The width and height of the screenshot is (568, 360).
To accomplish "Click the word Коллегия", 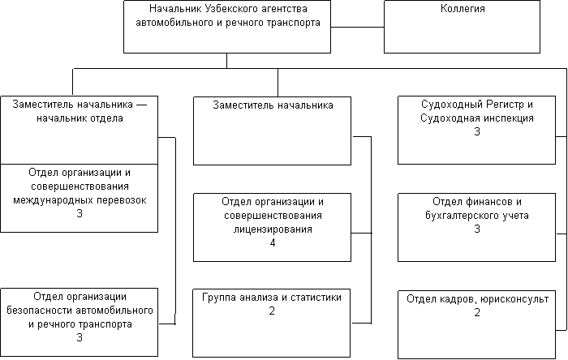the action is pyautogui.click(x=463, y=9).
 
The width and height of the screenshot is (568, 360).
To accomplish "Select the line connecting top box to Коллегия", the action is pyautogui.click(x=357, y=27).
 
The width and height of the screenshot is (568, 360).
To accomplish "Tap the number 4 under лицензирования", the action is pyautogui.click(x=273, y=242).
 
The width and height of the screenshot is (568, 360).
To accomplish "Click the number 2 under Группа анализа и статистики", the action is pyautogui.click(x=272, y=311).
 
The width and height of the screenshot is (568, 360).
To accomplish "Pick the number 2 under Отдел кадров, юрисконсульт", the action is pyautogui.click(x=477, y=312).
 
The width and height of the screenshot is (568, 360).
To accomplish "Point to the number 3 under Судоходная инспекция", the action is pyautogui.click(x=477, y=131).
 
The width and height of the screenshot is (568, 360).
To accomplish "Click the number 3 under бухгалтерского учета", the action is pyautogui.click(x=477, y=229).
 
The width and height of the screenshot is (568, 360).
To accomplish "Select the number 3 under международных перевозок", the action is pyautogui.click(x=80, y=213).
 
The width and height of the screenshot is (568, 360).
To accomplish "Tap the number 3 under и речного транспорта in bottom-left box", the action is pyautogui.click(x=80, y=337).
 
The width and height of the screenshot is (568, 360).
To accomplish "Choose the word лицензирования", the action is pyautogui.click(x=273, y=229).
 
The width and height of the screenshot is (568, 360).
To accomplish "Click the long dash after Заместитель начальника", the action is pyautogui.click(x=142, y=105).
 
